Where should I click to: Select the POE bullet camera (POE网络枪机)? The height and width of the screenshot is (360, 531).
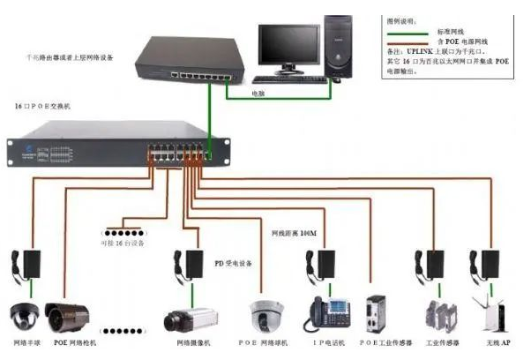click(68, 316)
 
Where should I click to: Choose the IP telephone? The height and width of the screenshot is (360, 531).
click(327, 313)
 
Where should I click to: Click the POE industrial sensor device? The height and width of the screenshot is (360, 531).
click(378, 313)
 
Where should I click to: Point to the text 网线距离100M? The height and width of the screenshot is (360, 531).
click(295, 233)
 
